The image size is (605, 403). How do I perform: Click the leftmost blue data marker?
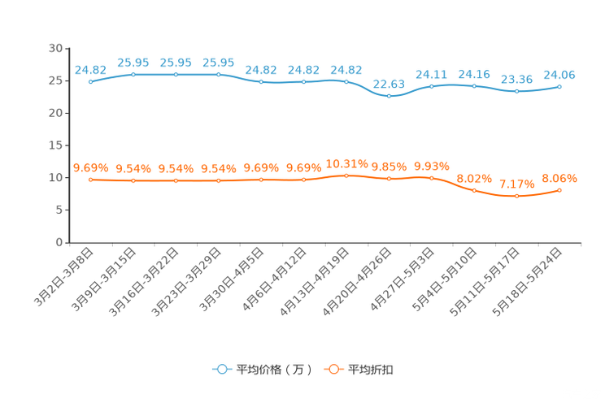tap(90, 81)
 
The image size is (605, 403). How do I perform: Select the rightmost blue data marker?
tap(560, 85)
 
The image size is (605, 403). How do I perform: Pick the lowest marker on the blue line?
tap(390, 96)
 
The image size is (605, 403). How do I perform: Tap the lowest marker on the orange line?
tap(516, 196)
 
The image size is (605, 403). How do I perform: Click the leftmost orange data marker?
tap(90, 180)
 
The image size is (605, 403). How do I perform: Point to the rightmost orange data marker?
tap(560, 189)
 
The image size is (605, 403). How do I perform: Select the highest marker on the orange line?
tap(346, 175)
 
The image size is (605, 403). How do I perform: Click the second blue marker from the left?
tap(133, 75)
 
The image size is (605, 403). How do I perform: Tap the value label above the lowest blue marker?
tap(389, 83)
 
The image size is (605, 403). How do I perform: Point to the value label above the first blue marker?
tap(90, 69)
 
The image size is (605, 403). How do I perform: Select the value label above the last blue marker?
tap(559, 74)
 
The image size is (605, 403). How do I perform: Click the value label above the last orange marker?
tap(559, 177)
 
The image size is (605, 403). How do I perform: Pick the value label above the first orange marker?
tap(90, 167)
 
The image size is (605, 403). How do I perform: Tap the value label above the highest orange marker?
tap(346, 163)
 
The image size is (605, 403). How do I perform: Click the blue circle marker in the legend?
tap(221, 369)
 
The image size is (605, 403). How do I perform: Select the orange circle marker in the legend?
tap(333, 369)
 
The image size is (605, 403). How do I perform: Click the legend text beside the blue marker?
tap(274, 370)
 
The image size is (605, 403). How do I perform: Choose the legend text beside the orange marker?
tap(372, 370)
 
